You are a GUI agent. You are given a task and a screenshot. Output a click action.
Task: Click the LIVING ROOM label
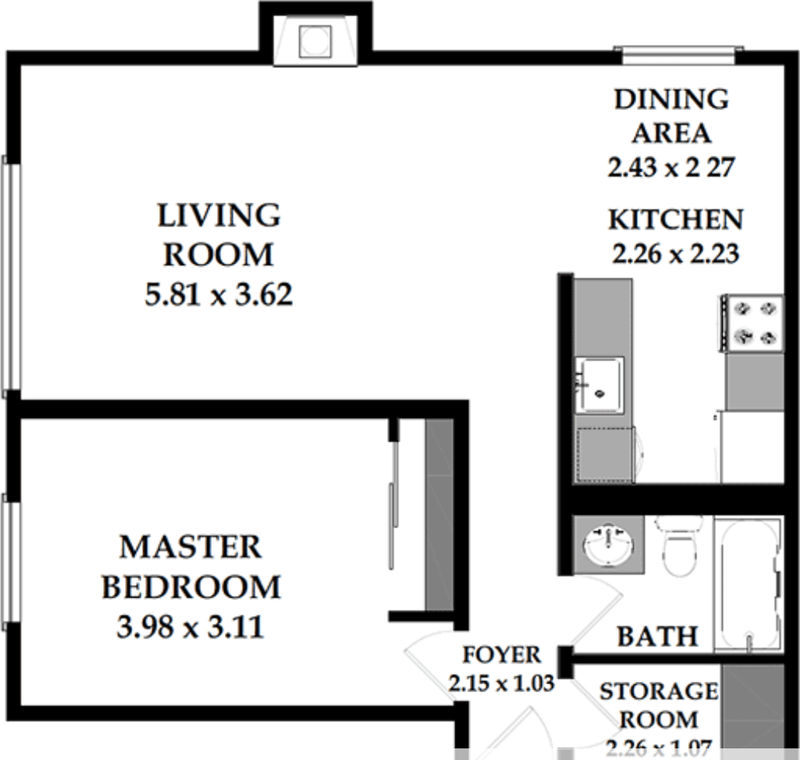(218, 235)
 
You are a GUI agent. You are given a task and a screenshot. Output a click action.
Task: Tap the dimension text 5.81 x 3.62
(218, 295)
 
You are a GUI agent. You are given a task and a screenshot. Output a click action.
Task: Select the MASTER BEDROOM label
(191, 567)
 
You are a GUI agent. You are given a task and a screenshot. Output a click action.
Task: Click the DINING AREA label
(671, 116)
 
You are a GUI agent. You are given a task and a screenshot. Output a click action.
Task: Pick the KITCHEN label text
(675, 219)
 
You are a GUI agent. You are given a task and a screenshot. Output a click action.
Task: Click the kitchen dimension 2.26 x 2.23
(675, 254)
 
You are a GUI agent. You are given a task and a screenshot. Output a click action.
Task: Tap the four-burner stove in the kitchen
(751, 322)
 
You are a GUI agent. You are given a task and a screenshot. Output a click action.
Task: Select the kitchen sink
(599, 384)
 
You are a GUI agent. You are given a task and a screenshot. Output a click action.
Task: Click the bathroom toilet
(678, 547)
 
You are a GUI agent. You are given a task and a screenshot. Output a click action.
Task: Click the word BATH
(658, 636)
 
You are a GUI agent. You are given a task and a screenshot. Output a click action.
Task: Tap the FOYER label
(502, 655)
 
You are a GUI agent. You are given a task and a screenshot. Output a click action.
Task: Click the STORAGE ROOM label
(658, 705)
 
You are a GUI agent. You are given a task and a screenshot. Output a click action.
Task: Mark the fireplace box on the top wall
(315, 41)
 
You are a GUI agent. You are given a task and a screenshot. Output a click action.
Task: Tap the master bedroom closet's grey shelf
(439, 515)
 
